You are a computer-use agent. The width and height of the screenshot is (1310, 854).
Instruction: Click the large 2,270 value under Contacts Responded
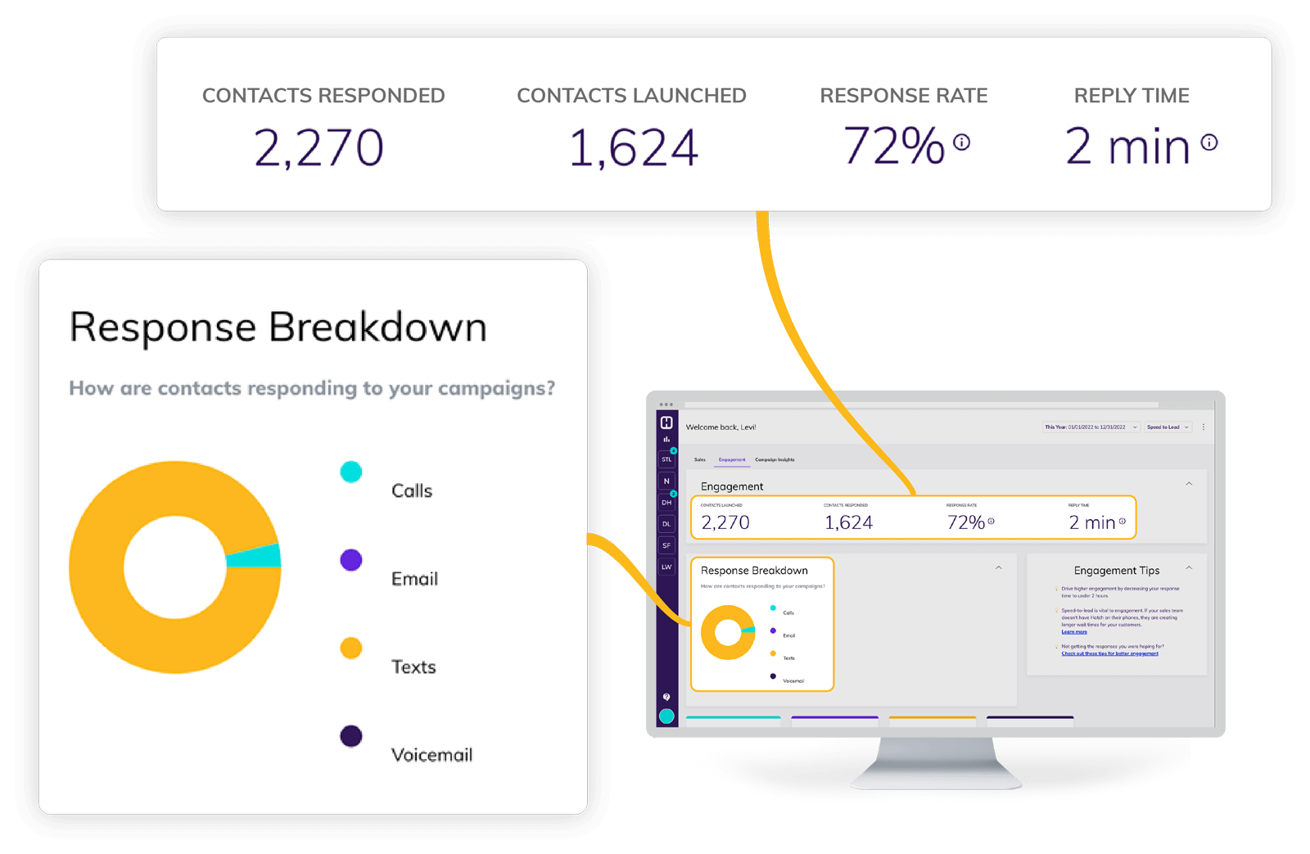point(318,148)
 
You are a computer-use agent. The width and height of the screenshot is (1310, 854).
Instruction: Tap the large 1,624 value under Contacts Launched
point(633,148)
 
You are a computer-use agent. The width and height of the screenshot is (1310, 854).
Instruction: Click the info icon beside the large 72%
point(962,142)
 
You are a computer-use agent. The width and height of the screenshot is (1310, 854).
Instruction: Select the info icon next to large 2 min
point(1208,142)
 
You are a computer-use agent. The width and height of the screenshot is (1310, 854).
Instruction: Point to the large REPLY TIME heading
point(1132,96)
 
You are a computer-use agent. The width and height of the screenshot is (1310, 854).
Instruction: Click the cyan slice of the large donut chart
point(254,557)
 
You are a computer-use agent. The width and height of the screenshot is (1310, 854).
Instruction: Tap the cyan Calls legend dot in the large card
point(351,472)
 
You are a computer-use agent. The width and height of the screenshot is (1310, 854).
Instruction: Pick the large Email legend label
point(414,579)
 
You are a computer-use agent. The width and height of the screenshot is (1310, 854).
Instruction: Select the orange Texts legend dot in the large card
point(351,648)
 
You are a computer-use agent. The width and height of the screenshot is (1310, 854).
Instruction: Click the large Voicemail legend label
point(431,755)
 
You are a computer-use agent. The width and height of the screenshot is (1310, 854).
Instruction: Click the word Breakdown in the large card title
point(377,328)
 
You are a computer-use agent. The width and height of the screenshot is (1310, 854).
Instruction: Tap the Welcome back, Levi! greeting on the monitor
point(720,427)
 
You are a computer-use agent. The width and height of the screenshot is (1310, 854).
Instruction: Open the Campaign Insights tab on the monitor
point(775,460)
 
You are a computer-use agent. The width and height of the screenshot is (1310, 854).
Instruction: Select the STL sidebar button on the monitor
point(666,459)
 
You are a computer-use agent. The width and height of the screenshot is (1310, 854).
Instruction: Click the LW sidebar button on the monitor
point(666,567)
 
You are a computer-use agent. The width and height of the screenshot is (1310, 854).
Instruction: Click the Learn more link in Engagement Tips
point(1074,632)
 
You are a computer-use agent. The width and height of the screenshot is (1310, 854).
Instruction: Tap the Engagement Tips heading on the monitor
point(1117,571)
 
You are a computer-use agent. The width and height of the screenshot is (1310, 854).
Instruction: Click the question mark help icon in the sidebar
point(666,697)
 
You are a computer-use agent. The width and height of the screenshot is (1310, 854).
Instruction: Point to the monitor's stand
point(937,766)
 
